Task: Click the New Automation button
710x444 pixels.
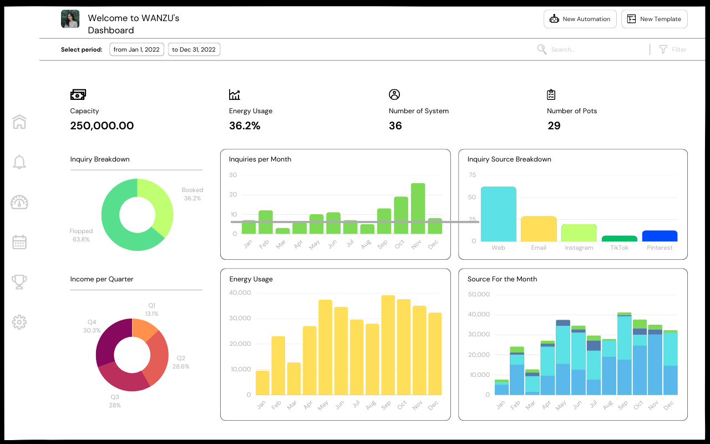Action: pos(580,19)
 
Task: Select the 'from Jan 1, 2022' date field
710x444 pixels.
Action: pos(136,49)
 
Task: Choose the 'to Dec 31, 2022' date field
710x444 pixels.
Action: pos(194,49)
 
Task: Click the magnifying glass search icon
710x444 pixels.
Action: pos(542,49)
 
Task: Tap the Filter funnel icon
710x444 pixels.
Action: pos(663,49)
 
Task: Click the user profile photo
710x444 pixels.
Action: pos(70,19)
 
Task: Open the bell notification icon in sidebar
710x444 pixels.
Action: pos(19,162)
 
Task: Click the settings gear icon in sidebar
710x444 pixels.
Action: pos(19,322)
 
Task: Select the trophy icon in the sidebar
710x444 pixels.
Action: pos(19,282)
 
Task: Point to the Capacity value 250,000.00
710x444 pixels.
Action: pos(102,126)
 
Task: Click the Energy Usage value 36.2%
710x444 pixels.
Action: pos(245,126)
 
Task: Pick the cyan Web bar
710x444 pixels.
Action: pos(498,214)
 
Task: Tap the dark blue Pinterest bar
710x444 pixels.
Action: pos(660,236)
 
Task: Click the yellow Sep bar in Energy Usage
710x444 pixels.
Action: pos(388,344)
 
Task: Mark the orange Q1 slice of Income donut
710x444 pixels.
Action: pos(145,328)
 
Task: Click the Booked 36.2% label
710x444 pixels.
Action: pos(192,194)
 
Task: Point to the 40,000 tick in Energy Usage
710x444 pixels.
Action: pos(240,293)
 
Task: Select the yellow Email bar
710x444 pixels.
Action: pos(539,229)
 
